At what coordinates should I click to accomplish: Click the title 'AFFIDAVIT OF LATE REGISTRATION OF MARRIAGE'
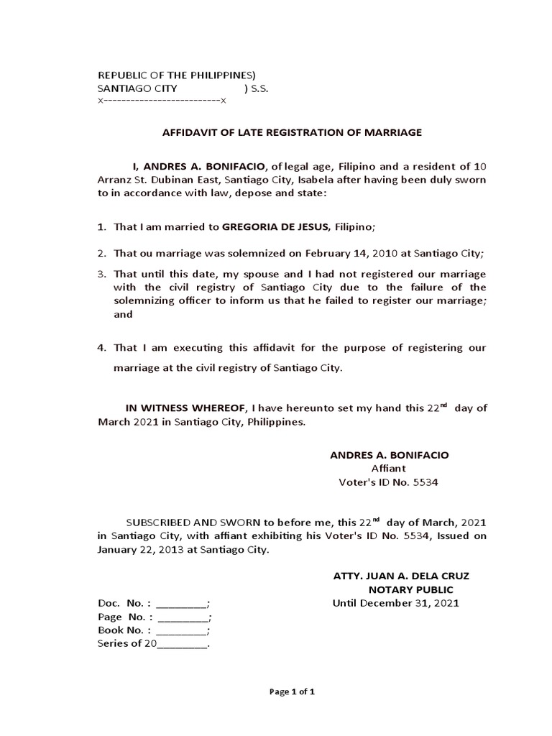point(292,132)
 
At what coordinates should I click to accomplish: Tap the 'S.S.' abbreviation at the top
point(257,89)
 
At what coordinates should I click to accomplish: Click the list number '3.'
point(102,275)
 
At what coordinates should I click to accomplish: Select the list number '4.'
point(102,348)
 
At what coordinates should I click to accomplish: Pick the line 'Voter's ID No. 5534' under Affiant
point(388,482)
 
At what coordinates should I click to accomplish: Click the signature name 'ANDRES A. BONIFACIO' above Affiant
point(388,456)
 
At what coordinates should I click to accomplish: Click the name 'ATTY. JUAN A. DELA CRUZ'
point(401,576)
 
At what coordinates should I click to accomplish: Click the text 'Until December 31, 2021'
point(395,603)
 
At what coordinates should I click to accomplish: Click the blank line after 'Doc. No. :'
point(181,605)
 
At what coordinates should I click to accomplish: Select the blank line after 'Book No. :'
point(181,632)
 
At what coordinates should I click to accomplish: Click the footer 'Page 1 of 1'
point(292,692)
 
